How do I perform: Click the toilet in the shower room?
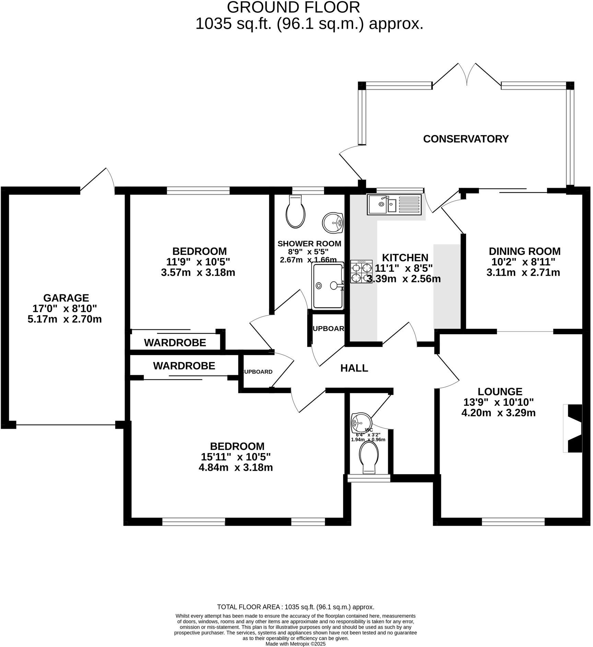point(295,212)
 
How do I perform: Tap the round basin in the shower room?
point(333,223)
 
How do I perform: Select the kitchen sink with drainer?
point(394,205)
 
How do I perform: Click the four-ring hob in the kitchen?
point(361,271)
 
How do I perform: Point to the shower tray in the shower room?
point(328,285)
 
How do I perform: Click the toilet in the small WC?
point(369,457)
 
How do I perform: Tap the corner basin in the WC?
point(359,422)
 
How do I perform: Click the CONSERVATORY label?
point(465,139)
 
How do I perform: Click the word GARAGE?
point(66,298)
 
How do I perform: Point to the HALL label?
point(354,368)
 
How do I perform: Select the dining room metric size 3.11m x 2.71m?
point(523,272)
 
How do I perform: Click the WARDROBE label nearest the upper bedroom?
point(175,342)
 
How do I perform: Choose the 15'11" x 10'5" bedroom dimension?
point(236,457)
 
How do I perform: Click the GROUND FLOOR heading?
point(293,8)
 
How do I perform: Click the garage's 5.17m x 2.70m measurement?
point(65,319)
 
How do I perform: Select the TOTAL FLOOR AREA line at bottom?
point(295,607)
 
